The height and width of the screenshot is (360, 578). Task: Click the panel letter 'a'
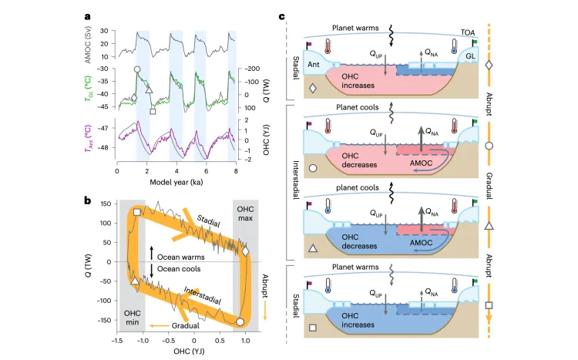click(87, 17)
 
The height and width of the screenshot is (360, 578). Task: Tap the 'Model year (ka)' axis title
click(176, 182)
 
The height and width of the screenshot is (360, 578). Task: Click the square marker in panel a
click(153, 112)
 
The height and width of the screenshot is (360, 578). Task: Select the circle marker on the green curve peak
click(137, 69)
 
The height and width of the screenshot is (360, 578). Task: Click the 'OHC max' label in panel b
click(245, 214)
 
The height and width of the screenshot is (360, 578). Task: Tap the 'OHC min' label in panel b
click(132, 318)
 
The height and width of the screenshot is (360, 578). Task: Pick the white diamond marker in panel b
click(245, 251)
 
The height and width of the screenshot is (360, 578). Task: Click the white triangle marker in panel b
click(135, 281)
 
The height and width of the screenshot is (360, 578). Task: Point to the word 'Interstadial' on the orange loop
click(203, 296)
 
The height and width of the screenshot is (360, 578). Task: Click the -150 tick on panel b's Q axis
click(104, 320)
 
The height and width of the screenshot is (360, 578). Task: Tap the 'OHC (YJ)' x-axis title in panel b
click(189, 352)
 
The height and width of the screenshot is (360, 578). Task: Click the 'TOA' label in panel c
click(468, 33)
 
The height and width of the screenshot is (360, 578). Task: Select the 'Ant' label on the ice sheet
click(314, 64)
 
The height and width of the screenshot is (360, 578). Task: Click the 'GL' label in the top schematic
click(470, 56)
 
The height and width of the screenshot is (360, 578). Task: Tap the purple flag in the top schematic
click(308, 45)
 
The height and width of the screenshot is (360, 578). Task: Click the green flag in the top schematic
click(474, 43)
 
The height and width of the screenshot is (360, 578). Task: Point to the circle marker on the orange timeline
click(489, 146)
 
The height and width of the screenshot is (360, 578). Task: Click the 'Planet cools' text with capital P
click(357, 107)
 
